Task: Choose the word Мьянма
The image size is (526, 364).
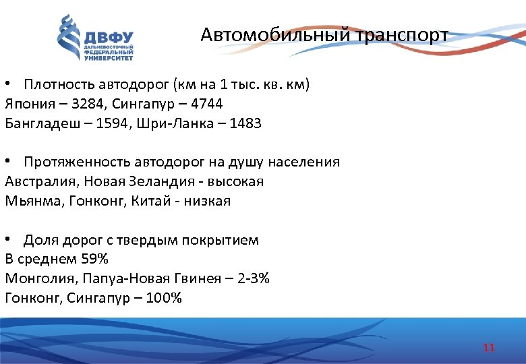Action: pyautogui.click(x=29, y=201)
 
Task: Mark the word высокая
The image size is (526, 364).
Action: pyautogui.click(x=234, y=181)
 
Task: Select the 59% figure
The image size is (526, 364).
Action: pyautogui.click(x=94, y=259)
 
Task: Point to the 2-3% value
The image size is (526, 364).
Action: pyautogui.click(x=254, y=278)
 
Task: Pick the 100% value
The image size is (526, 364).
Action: pyautogui.click(x=163, y=297)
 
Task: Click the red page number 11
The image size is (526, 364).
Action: pyautogui.click(x=489, y=348)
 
